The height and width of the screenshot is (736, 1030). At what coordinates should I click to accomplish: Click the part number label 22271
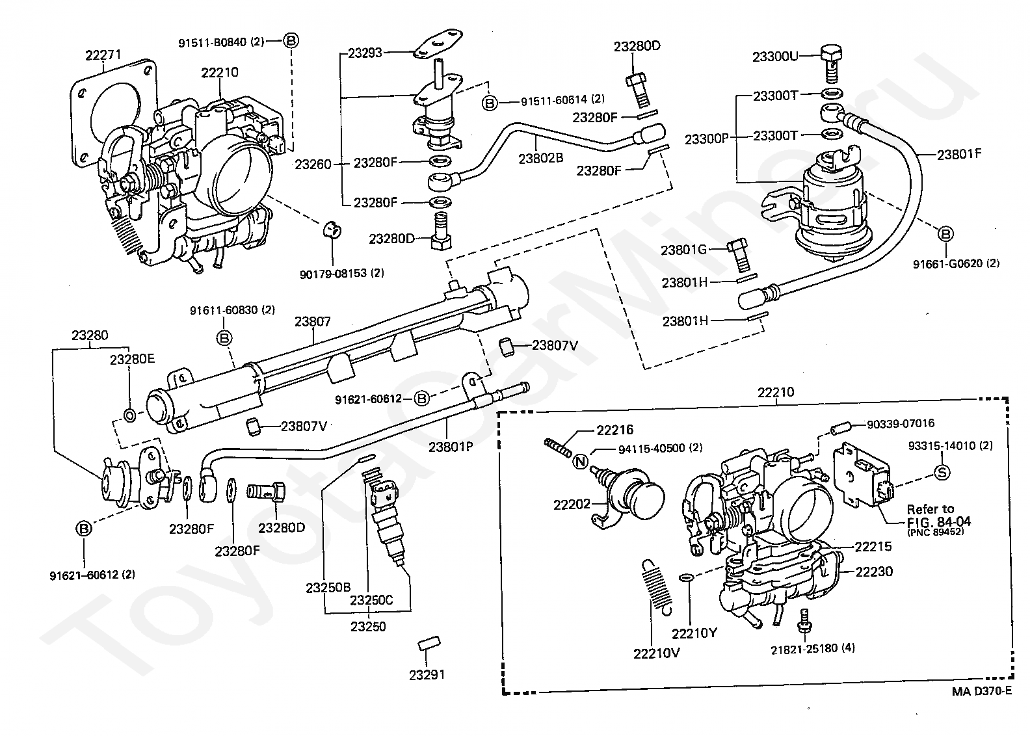(x=103, y=55)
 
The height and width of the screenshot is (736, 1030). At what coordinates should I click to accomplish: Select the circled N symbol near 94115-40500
(x=580, y=461)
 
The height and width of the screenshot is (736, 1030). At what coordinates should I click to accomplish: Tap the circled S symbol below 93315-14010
(x=942, y=472)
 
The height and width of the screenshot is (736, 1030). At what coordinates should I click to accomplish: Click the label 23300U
(x=775, y=57)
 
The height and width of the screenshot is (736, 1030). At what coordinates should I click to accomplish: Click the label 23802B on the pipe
(x=541, y=158)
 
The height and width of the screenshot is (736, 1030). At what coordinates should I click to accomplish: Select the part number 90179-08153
(x=336, y=274)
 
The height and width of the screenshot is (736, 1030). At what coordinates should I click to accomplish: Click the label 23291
(x=427, y=675)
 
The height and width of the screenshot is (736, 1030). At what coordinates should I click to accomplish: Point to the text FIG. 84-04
(x=939, y=522)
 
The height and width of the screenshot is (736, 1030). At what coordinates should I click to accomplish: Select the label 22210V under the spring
(x=656, y=653)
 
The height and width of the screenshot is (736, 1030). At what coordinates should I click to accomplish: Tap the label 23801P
(x=451, y=447)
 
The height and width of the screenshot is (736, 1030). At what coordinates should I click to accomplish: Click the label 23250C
(x=371, y=600)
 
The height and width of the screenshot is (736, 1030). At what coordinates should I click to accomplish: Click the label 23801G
(x=684, y=250)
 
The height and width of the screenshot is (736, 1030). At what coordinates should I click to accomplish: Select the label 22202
(x=572, y=505)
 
